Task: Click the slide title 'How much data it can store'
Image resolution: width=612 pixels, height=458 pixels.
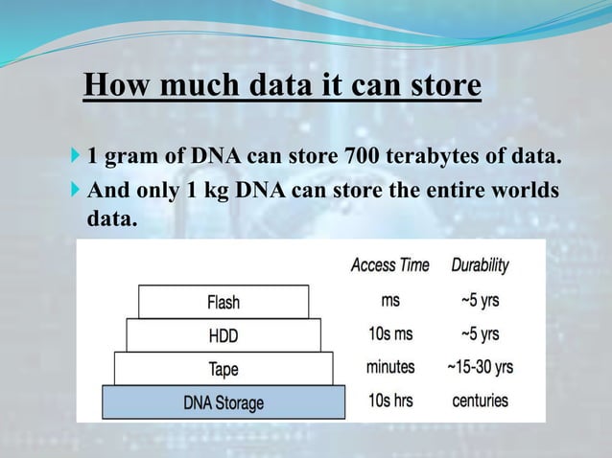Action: [282, 85]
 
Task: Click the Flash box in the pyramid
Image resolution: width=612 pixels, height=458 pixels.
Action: [224, 302]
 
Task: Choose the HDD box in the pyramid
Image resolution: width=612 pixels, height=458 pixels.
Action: [224, 335]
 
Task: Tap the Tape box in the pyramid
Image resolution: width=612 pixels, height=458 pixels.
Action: [224, 368]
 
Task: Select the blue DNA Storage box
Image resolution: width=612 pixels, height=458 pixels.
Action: [224, 402]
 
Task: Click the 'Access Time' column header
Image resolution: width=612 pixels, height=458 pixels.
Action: [389, 264]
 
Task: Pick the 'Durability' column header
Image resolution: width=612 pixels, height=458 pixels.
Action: [478, 264]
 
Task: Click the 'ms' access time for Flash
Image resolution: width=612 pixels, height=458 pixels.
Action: [390, 301]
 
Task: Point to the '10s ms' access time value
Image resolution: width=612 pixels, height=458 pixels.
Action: [390, 334]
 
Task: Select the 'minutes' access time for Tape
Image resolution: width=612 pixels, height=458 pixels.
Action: [390, 367]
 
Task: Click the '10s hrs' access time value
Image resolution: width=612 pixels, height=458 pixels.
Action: [390, 401]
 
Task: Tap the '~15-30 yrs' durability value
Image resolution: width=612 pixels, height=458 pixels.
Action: [480, 367]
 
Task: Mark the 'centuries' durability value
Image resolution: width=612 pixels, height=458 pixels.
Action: [480, 401]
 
